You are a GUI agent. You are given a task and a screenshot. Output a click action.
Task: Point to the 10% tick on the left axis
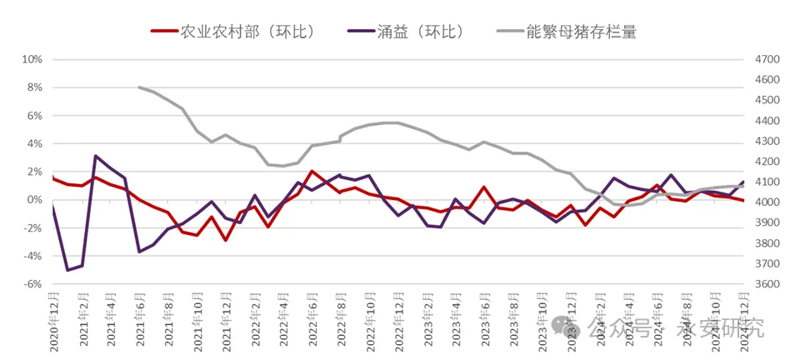coord(32,60)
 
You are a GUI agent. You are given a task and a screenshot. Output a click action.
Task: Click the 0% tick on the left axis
coord(34,200)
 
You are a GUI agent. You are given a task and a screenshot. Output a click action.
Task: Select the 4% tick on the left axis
coord(34,144)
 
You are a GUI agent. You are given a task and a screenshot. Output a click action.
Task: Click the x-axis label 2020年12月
coord(53,320)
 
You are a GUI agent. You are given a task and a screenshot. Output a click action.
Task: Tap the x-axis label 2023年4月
coord(457,320)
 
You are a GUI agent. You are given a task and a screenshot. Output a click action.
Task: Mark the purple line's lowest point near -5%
coord(67,270)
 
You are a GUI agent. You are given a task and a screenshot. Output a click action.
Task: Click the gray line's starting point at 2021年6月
coord(139,87)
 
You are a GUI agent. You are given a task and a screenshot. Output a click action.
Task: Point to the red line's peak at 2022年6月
coord(312,172)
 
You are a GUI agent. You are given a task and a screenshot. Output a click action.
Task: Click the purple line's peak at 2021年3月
coord(96,156)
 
